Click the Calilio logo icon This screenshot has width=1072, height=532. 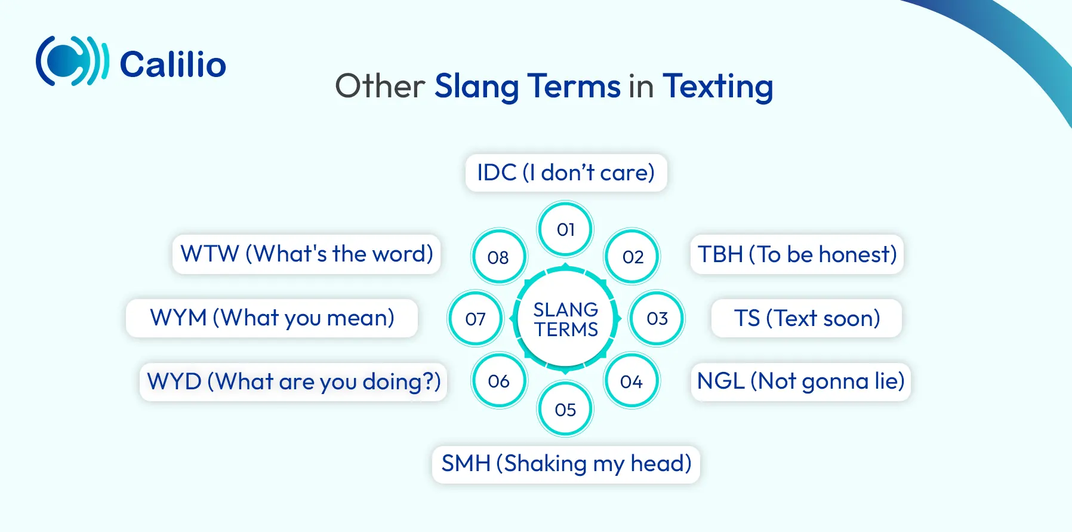pos(72,61)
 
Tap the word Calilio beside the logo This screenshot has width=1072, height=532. pos(173,64)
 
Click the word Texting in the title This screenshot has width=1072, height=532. pos(718,87)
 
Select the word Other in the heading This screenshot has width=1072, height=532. pos(380,86)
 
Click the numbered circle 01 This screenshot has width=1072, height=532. pos(565,229)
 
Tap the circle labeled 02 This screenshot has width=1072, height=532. pos(633,257)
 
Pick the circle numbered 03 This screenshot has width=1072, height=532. pos(657,318)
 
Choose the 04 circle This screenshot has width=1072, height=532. pos(632,381)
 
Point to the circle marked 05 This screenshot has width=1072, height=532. pos(565,409)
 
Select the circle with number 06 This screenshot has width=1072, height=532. pos(499,381)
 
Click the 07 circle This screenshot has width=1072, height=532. pos(476,319)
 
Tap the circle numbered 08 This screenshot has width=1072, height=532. pos(498,257)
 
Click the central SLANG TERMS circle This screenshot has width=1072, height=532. pos(566,319)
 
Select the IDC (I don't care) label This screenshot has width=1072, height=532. pos(566,173)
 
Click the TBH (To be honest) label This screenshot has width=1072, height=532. pos(797,254)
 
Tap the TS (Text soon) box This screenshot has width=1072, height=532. pos(807,318)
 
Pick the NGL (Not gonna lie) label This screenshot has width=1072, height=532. pos(801,382)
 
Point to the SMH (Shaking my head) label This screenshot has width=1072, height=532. pos(566,464)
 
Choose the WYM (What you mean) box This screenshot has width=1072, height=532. pos(272,318)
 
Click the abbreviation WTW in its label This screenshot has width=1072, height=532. pos(210,254)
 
